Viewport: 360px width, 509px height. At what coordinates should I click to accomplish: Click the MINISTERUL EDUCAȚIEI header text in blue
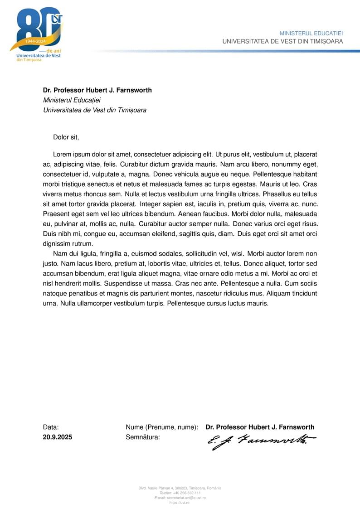(311, 34)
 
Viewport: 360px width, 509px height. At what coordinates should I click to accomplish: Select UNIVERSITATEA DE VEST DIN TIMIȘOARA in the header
(282, 41)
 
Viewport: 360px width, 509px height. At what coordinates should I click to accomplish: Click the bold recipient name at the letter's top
(97, 90)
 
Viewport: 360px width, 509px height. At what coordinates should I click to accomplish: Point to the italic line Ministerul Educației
(72, 100)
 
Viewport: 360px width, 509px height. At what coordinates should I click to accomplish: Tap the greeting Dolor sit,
(66, 137)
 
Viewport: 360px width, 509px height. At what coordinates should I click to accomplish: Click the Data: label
(51, 427)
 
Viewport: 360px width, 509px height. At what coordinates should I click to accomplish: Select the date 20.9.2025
(58, 437)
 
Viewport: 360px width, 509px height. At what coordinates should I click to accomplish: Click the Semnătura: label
(143, 437)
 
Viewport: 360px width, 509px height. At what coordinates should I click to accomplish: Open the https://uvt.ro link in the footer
(180, 503)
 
